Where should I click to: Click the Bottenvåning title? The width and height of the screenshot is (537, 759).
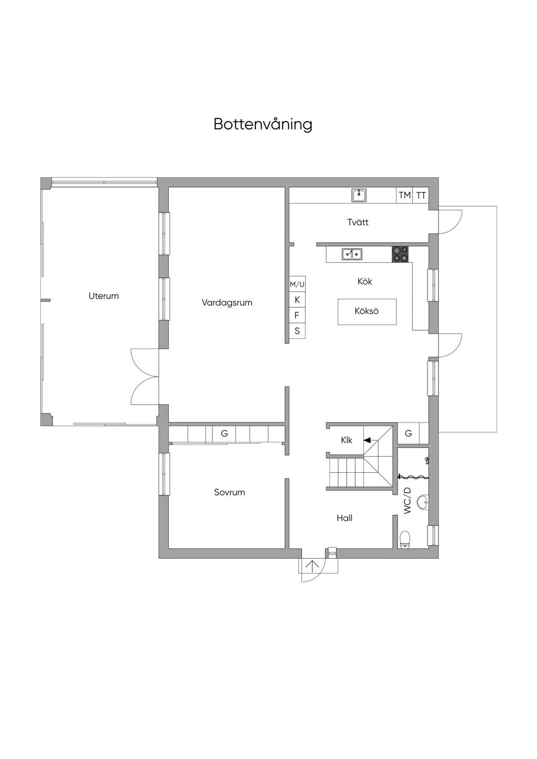[x=263, y=124]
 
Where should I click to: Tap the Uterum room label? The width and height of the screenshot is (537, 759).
[x=103, y=296]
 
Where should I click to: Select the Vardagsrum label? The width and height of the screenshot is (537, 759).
[x=227, y=302]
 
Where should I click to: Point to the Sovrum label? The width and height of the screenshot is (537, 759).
[x=230, y=492]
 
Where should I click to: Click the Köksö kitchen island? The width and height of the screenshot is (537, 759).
[x=367, y=312]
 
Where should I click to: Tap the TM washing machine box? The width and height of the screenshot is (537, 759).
[x=404, y=195]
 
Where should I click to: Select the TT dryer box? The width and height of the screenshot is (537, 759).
[x=421, y=195]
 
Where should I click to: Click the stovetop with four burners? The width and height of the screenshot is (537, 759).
[x=400, y=254]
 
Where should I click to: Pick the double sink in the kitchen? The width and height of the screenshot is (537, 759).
[x=352, y=254]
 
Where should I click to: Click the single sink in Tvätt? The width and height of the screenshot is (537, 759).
[x=359, y=195]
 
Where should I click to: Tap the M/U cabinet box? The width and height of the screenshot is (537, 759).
[x=297, y=284]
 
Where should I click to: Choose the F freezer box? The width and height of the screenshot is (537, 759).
[x=297, y=316]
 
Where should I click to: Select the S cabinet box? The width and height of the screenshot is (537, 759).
[x=297, y=331]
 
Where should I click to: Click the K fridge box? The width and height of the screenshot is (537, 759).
[x=297, y=300]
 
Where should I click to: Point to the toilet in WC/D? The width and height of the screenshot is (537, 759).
[x=405, y=539]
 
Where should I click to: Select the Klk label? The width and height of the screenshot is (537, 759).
[x=347, y=440]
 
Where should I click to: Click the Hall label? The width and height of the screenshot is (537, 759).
[x=345, y=518]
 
